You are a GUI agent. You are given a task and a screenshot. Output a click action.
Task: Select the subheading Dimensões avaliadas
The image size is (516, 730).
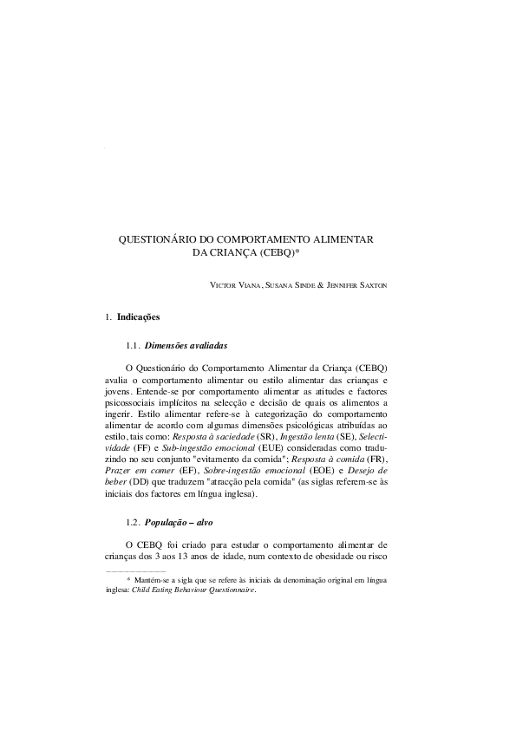tap(186, 345)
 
